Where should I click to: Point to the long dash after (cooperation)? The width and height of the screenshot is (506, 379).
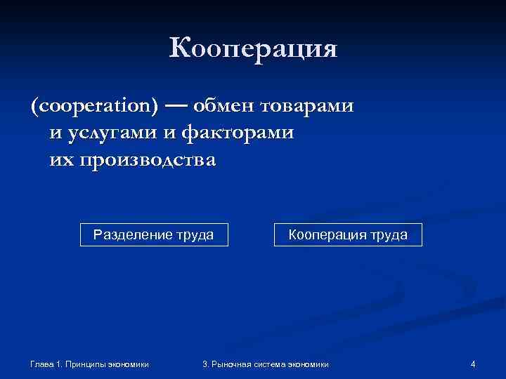click(177, 107)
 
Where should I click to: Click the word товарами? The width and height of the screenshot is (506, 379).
click(306, 107)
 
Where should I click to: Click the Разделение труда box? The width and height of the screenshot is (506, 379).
click(154, 234)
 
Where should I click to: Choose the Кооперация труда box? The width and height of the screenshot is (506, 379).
click(349, 234)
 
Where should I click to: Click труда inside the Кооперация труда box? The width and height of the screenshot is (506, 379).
click(388, 234)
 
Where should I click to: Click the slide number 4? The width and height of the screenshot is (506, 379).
click(473, 364)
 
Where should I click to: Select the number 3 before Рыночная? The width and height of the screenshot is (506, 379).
click(205, 364)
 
